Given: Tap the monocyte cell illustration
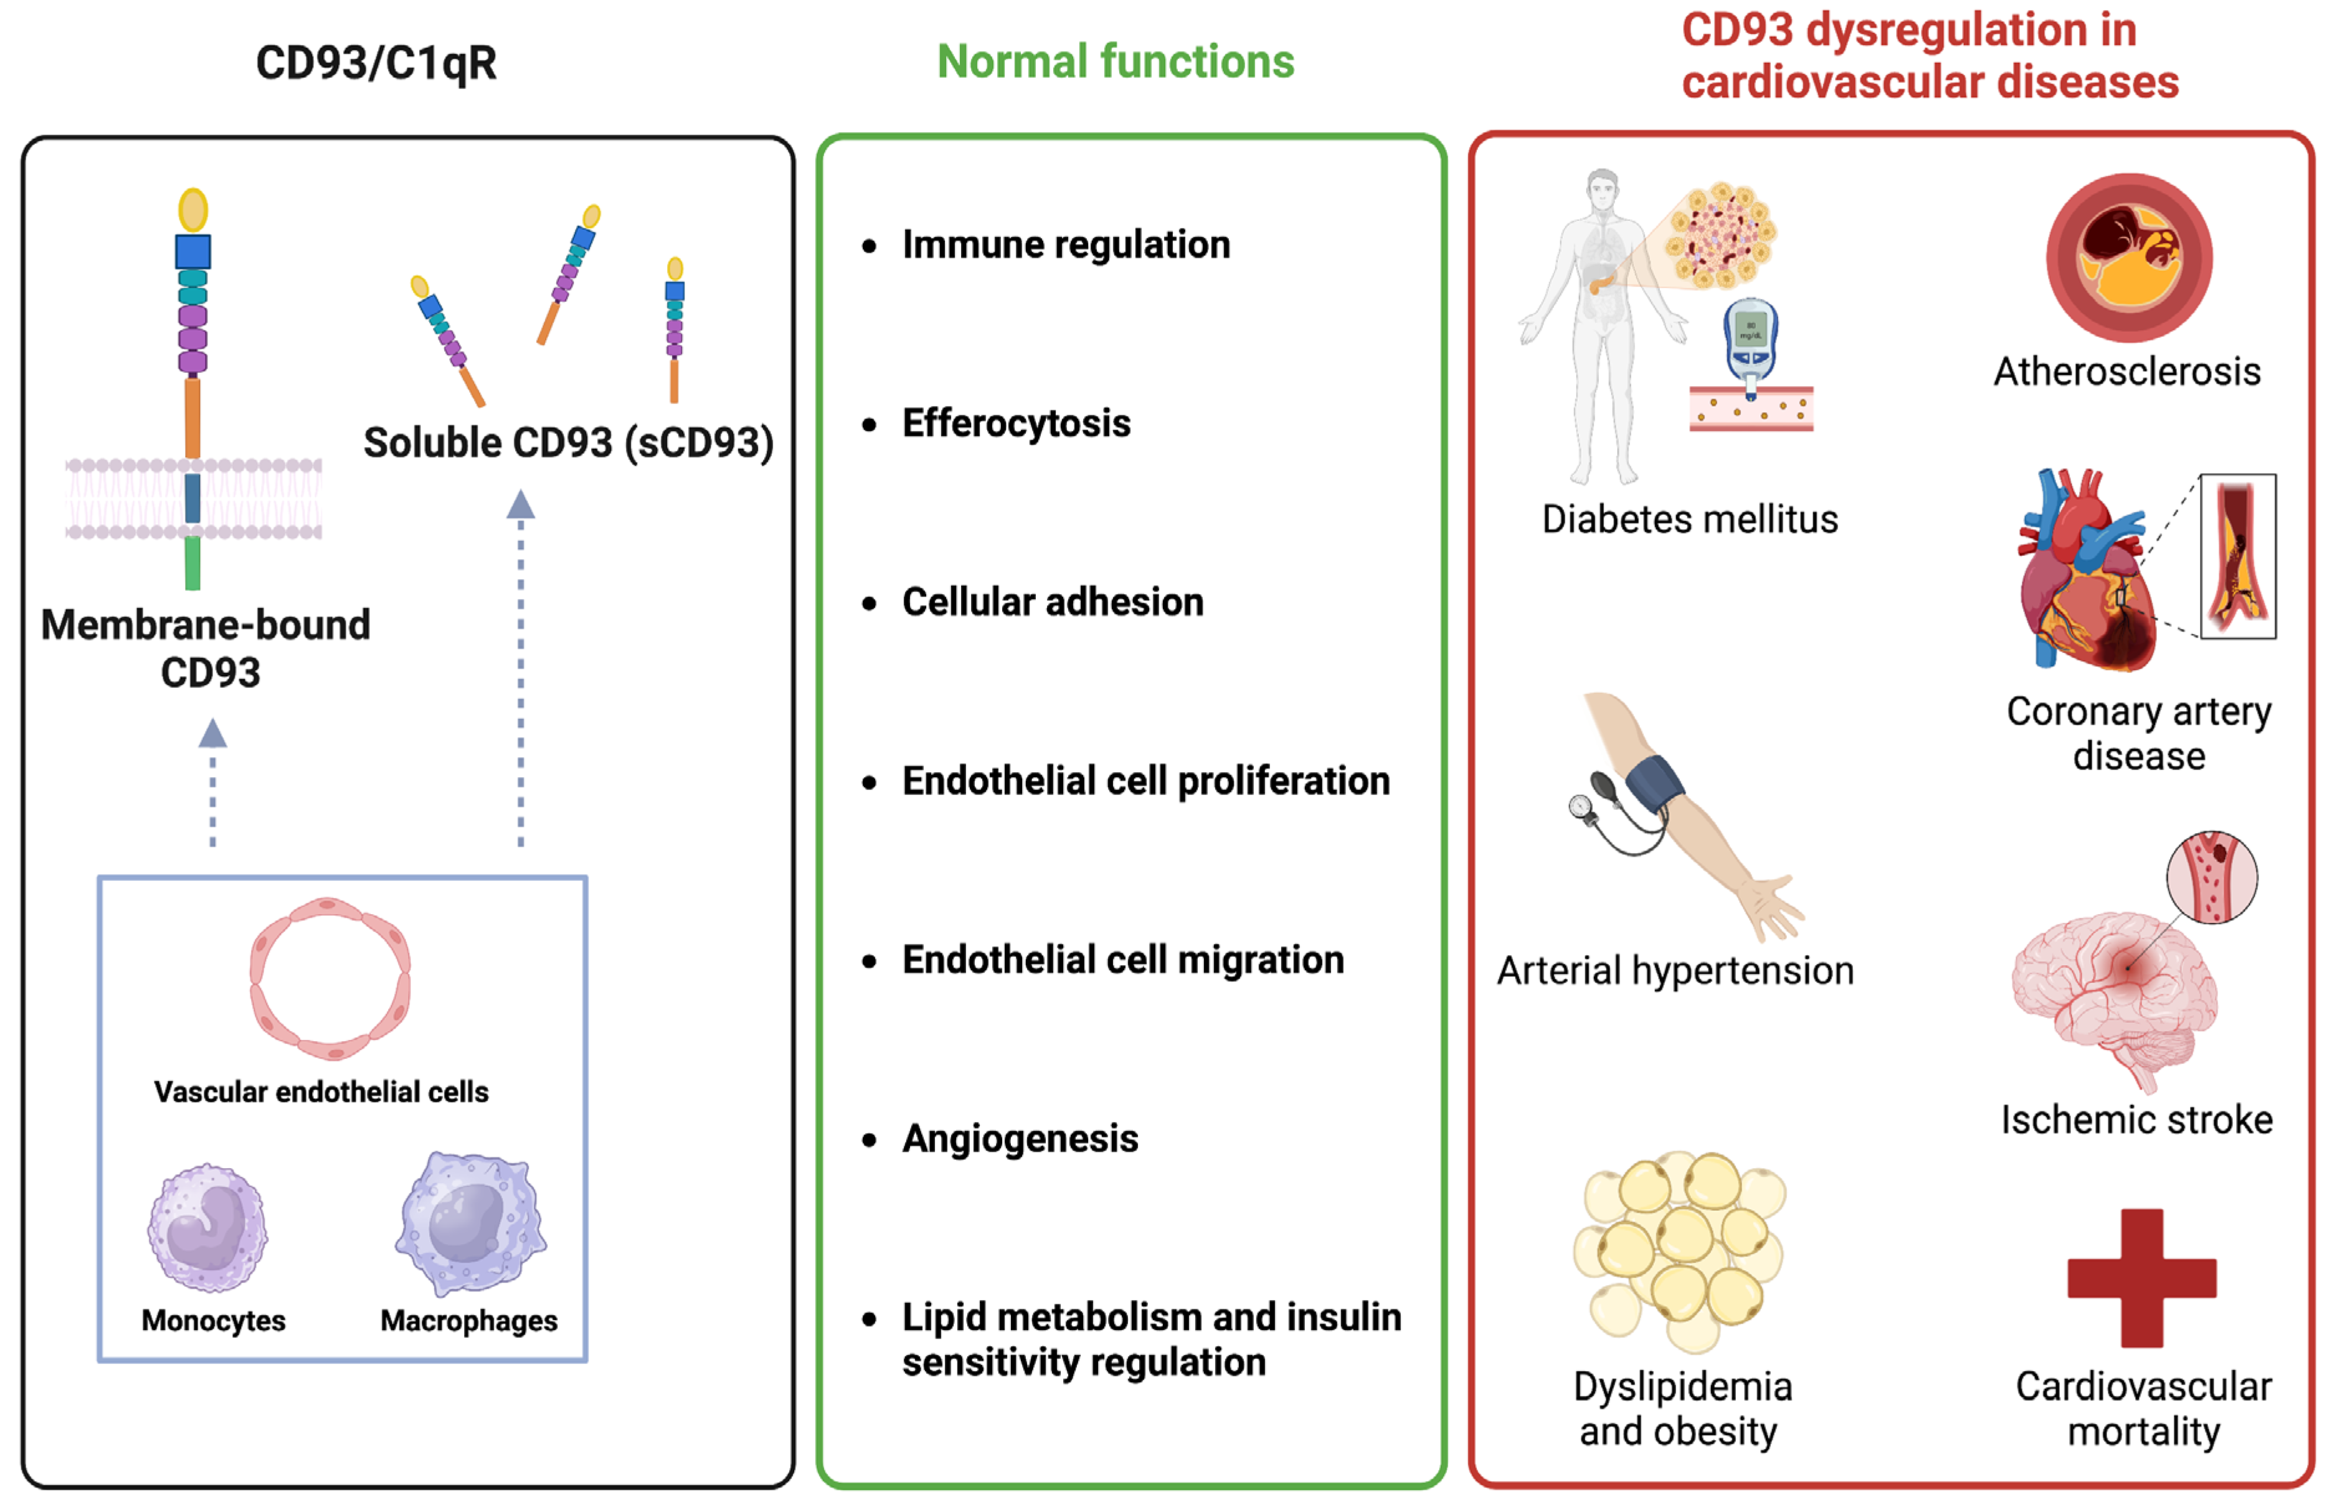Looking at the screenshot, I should click(x=207, y=1228).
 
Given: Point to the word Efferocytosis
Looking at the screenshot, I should click(x=1015, y=423).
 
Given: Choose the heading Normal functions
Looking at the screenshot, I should click(x=1115, y=62).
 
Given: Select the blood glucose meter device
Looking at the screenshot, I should click(x=1750, y=342).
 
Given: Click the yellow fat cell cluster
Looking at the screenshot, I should click(x=1679, y=1249).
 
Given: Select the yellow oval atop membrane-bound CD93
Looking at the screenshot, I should click(x=193, y=210).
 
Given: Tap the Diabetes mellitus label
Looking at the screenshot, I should click(x=1689, y=519).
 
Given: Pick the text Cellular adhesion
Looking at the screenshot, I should click(x=1051, y=602).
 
